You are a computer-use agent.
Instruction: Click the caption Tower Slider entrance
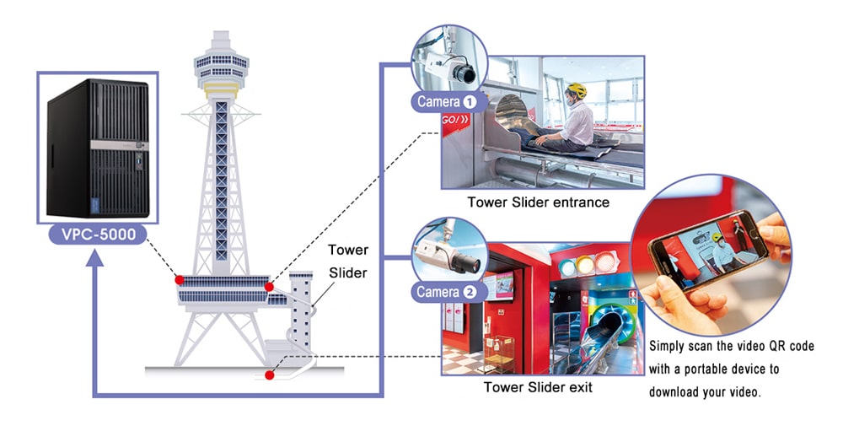click(539, 202)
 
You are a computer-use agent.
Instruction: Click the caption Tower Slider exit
click(538, 387)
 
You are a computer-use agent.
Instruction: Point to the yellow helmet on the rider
click(576, 89)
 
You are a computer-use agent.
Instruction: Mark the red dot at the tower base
click(270, 375)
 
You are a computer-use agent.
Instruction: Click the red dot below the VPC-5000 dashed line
click(179, 279)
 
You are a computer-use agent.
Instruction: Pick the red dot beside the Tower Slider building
click(269, 288)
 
